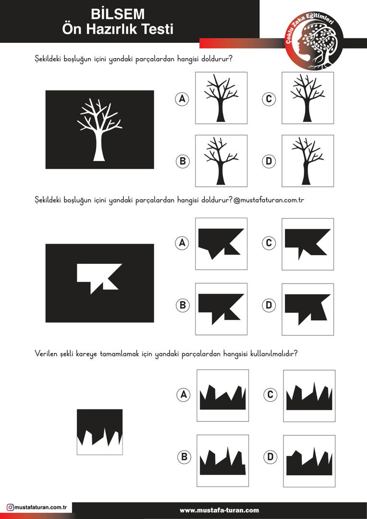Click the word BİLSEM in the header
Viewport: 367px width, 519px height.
click(x=118, y=14)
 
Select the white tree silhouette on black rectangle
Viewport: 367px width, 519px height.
click(x=99, y=130)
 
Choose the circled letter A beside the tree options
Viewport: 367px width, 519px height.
click(x=182, y=99)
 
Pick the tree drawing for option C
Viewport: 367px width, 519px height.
click(x=307, y=98)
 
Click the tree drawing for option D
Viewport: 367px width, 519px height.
click(x=307, y=161)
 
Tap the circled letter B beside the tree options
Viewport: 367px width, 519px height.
click(x=183, y=161)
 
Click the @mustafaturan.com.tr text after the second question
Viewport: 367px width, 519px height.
click(x=269, y=200)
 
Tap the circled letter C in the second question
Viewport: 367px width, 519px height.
click(x=269, y=243)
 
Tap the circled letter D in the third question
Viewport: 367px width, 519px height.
click(x=270, y=457)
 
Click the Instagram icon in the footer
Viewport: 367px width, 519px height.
click(x=10, y=507)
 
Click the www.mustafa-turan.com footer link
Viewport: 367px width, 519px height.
click(x=220, y=510)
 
